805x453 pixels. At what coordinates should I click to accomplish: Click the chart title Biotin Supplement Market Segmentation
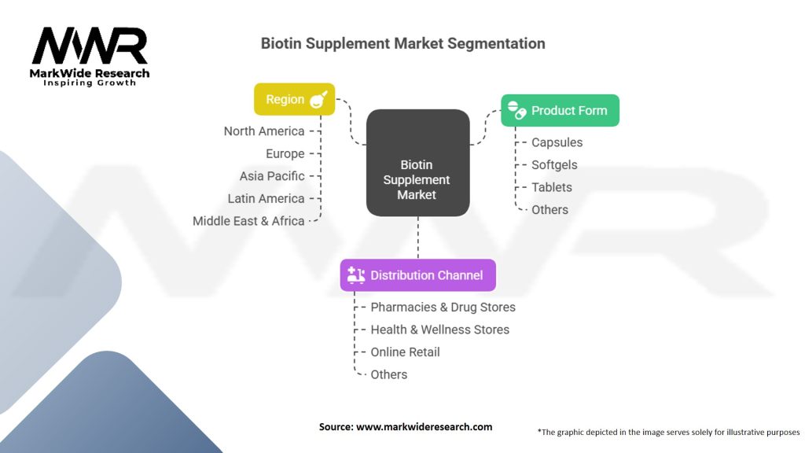coord(402,43)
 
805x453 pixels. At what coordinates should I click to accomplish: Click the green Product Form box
coord(560,111)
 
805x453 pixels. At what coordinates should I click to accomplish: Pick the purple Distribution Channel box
coord(417,275)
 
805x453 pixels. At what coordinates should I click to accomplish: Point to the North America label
coord(264,131)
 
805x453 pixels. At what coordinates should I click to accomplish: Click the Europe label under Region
coord(285,154)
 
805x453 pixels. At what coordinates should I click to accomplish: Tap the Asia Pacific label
coord(272,176)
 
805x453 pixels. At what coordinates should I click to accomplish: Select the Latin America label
coord(266,199)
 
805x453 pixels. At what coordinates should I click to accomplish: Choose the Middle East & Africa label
coord(248,221)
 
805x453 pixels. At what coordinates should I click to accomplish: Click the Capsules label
coord(557,142)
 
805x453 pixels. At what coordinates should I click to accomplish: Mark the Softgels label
coord(554,165)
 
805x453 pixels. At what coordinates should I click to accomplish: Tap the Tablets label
coord(552,187)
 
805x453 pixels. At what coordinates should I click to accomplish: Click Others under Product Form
coord(550,210)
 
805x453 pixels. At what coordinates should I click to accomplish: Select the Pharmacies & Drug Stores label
coord(443,308)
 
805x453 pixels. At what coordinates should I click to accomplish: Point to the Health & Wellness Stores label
coord(439,330)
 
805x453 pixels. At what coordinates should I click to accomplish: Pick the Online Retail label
coord(405,352)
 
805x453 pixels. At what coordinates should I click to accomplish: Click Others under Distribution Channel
coord(389,375)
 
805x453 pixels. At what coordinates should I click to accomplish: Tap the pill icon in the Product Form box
coord(516,110)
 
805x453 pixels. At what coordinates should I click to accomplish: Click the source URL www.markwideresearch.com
coord(424,427)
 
